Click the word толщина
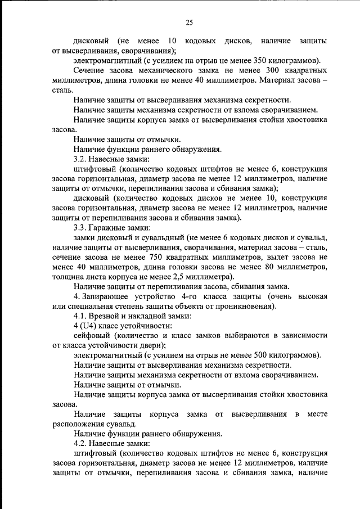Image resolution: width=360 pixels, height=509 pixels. (x=67, y=277)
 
